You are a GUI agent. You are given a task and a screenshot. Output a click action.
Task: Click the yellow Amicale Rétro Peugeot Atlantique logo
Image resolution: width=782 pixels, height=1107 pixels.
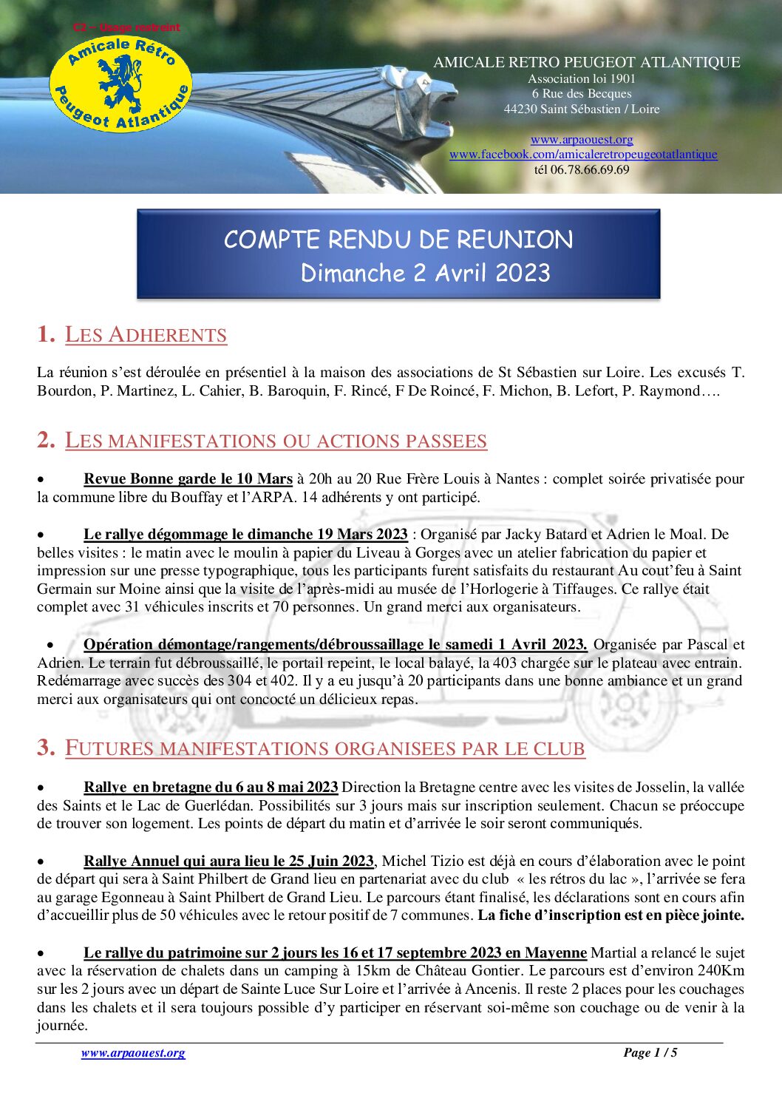click(120, 84)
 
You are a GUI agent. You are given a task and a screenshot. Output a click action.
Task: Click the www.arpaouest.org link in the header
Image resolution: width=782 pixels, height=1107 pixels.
click(582, 139)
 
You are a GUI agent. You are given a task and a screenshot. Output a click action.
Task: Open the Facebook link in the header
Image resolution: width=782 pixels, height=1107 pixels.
click(583, 154)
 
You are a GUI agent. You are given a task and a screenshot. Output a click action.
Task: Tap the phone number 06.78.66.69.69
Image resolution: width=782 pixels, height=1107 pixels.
click(590, 169)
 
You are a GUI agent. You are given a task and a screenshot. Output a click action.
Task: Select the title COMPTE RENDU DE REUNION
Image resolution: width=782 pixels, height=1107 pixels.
click(398, 240)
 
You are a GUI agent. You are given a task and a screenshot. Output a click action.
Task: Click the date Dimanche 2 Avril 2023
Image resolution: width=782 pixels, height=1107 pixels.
click(425, 273)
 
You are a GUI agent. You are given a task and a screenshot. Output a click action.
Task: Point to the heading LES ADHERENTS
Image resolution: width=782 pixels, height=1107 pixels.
click(146, 335)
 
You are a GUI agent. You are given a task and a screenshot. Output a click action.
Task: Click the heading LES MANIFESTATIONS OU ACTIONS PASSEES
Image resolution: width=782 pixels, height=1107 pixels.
click(276, 441)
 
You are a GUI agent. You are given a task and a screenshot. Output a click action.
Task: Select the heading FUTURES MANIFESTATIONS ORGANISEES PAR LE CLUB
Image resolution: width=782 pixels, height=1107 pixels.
click(324, 748)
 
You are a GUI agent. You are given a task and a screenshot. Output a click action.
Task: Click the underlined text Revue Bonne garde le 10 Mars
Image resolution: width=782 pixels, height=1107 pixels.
click(188, 478)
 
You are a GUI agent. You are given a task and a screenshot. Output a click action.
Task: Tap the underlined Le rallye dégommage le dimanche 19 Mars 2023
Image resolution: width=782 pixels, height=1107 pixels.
click(245, 534)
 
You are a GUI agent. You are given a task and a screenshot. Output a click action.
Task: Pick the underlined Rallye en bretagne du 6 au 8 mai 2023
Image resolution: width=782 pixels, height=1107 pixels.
click(211, 787)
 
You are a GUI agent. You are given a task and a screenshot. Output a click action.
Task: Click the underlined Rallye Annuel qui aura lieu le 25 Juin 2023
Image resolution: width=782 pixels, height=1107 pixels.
click(228, 861)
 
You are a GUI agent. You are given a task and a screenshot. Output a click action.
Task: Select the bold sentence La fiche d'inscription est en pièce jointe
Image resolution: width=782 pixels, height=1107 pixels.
click(611, 915)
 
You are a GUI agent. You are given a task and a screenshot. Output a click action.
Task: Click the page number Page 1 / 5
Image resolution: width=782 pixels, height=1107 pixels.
click(650, 1052)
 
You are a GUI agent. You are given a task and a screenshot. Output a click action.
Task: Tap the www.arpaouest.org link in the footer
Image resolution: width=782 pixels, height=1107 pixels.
click(133, 1052)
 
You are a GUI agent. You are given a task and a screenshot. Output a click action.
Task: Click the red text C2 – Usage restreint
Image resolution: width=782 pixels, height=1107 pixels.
click(126, 27)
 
